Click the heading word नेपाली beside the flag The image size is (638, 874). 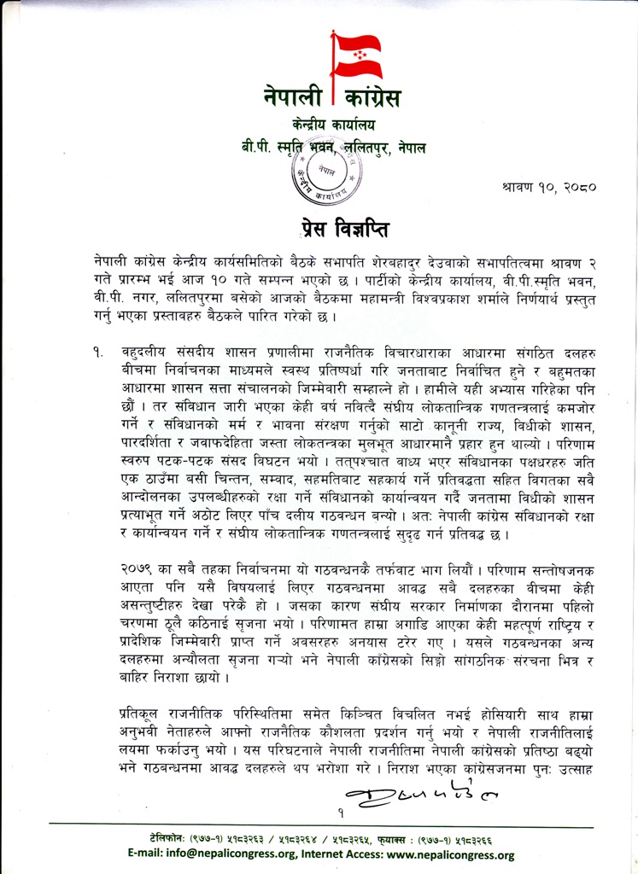[293, 99]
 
